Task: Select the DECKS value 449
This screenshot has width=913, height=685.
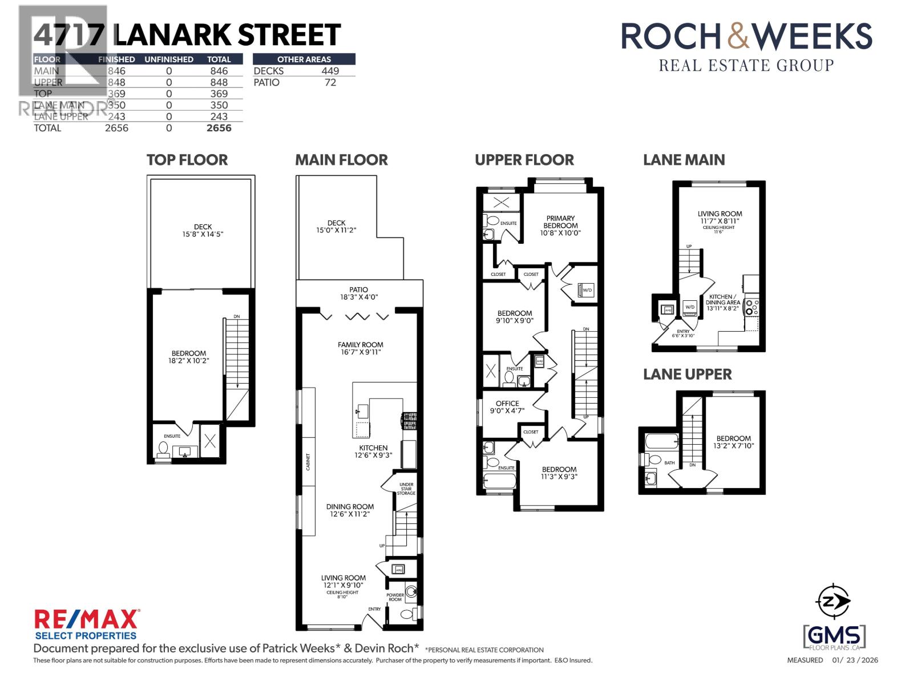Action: point(330,71)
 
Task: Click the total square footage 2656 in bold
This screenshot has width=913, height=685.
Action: point(219,128)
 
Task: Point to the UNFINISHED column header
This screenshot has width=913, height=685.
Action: point(169,59)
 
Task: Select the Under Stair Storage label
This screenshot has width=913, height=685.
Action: point(407,489)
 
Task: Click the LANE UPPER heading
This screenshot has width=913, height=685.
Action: point(687,374)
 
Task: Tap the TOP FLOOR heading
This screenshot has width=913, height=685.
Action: point(187,160)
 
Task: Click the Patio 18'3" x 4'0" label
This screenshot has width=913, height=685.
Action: point(359,293)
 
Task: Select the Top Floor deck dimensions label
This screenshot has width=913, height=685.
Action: point(203,234)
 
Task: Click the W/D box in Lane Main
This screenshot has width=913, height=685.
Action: point(690,307)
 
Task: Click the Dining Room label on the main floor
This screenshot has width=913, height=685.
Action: point(350,510)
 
